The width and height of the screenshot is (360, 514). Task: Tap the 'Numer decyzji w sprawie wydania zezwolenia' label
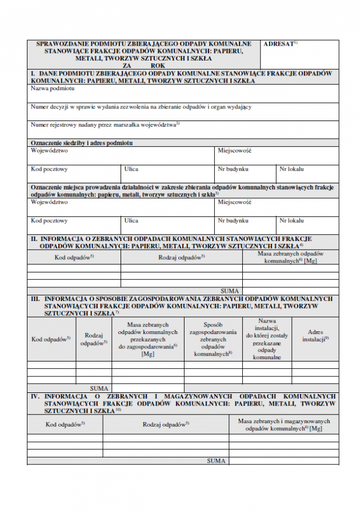[x=141, y=106]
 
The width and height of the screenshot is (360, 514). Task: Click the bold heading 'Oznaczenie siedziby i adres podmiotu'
[x=81, y=142]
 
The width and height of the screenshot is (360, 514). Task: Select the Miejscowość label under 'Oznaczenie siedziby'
[x=234, y=151]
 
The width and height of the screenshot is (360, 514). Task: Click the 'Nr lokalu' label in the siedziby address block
[x=291, y=169]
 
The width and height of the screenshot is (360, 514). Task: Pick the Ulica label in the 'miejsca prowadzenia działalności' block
[x=131, y=220]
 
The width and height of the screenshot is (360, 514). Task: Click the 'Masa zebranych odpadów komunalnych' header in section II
[x=290, y=256]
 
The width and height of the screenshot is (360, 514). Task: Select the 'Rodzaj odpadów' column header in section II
[x=181, y=257]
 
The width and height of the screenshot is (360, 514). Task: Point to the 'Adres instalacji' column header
[x=315, y=335]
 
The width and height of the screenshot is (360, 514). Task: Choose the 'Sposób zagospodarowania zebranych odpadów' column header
[x=213, y=339]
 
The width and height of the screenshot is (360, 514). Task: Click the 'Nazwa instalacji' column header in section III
[x=267, y=339]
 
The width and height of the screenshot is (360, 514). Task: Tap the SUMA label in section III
[x=99, y=388]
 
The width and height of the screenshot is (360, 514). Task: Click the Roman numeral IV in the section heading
[x=35, y=396]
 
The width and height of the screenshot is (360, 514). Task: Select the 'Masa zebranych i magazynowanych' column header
[x=283, y=424]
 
